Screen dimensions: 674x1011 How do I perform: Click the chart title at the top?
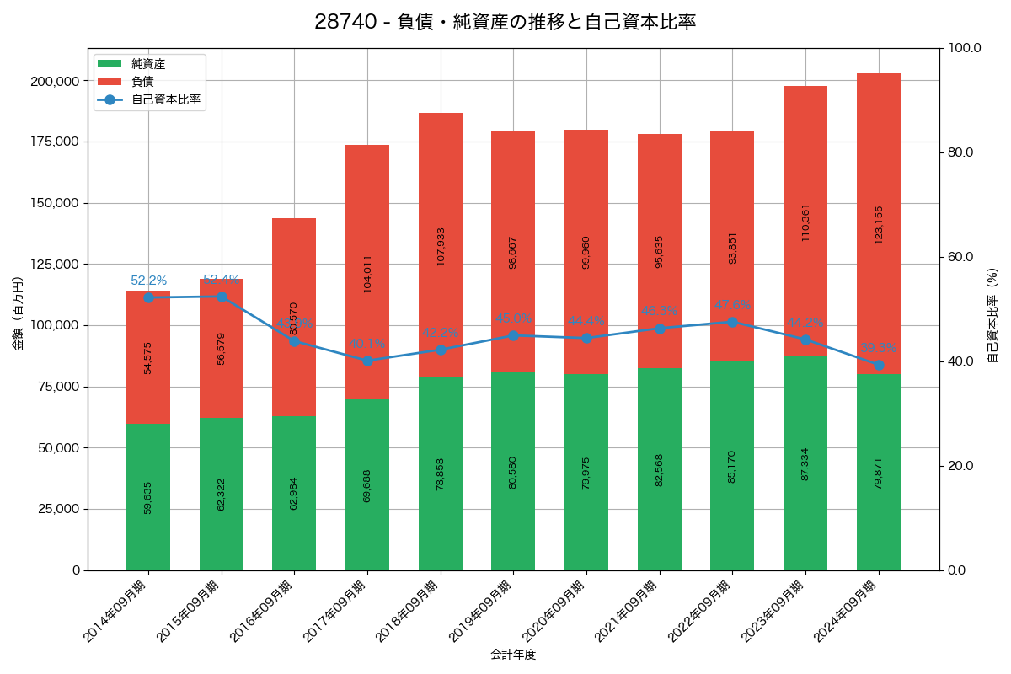[x=505, y=22]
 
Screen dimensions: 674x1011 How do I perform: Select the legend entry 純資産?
[x=148, y=64]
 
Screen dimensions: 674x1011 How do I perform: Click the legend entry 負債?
[x=142, y=82]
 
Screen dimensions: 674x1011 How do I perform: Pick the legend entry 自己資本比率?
[x=166, y=99]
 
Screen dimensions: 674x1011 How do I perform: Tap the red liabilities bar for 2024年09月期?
[x=879, y=223]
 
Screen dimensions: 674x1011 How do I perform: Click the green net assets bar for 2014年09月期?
[x=148, y=497]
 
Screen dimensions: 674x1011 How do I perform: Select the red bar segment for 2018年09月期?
[x=441, y=244]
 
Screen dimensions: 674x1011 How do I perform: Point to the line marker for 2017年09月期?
[x=367, y=361]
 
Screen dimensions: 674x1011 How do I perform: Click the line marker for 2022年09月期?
[x=732, y=322]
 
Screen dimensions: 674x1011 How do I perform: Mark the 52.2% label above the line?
[x=148, y=281]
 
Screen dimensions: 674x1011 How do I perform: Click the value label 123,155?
[x=879, y=224]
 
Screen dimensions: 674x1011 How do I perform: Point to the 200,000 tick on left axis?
[x=55, y=81]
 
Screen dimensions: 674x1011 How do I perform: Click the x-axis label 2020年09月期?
[x=553, y=611]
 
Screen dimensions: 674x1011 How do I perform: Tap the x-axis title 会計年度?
[x=513, y=654]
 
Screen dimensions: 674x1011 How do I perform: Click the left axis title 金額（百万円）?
[x=18, y=313]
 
